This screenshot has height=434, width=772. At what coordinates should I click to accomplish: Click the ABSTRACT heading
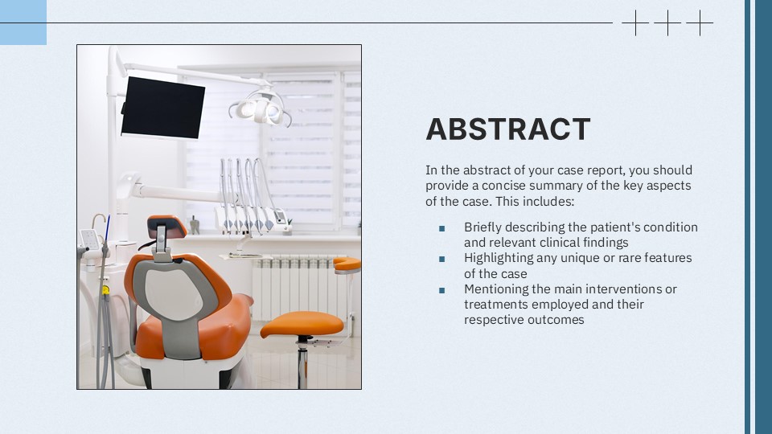coord(507,129)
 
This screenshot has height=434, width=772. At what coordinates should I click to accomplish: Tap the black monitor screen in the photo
coord(162,108)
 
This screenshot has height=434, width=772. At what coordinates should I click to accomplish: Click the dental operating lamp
coord(260,108)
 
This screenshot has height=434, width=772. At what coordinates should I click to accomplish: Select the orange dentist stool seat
coord(302,324)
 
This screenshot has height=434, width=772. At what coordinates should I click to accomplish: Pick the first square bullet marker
coord(441,228)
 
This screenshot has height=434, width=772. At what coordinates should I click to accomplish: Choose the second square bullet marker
coord(441,259)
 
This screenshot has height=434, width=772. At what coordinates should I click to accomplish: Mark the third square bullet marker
coord(441,289)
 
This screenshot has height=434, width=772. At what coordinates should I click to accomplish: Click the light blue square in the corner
coord(23,23)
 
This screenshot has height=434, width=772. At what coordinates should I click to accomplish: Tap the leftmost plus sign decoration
coord(635,23)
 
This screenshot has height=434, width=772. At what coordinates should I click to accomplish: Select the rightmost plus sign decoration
coord(700,23)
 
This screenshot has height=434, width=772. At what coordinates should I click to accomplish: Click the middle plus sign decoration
coord(667,23)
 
